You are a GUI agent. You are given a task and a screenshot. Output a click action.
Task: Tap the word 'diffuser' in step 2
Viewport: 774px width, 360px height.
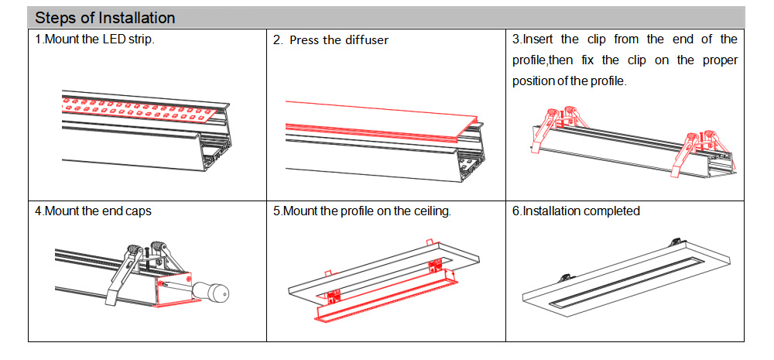[364, 40]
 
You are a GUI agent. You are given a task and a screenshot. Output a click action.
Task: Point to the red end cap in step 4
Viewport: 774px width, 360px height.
[172, 290]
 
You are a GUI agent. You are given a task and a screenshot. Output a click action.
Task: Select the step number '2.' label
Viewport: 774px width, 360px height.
[278, 40]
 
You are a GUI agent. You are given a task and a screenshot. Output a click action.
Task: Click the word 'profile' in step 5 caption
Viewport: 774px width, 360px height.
[360, 211]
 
